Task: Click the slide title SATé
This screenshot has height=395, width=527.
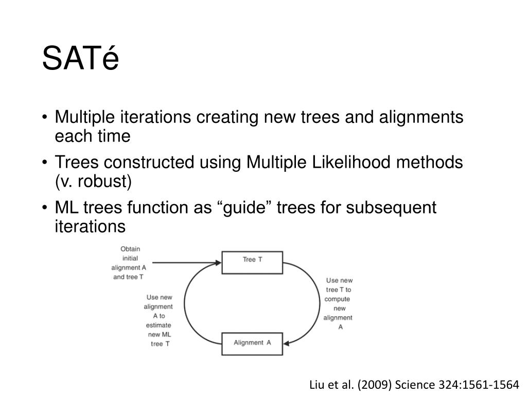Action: point(80,58)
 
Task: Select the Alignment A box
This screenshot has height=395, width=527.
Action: point(252,344)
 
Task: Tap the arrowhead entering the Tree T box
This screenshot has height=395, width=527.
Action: point(218,263)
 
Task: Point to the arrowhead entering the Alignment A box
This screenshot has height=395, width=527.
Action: point(286,343)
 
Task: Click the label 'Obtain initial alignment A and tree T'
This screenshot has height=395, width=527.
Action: point(129,263)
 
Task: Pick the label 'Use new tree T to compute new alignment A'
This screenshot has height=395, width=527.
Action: point(339,303)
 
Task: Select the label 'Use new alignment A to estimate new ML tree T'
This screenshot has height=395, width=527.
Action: point(159,320)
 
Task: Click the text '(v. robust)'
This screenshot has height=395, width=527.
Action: point(93,182)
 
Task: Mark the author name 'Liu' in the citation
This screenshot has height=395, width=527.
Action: point(317,384)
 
